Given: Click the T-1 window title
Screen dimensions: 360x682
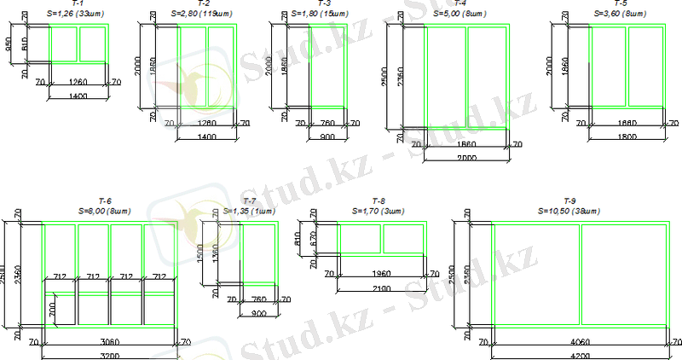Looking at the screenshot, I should pos(77,5).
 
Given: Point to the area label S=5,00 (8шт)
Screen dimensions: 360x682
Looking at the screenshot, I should pos(459,15).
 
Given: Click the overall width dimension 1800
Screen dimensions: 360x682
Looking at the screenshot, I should pos(627,136).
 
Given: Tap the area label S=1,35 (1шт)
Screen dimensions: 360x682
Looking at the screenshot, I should pos(249,210).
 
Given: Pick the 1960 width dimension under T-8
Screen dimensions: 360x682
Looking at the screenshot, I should pos(381,273).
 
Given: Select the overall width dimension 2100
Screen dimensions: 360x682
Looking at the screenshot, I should pos(381,289).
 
